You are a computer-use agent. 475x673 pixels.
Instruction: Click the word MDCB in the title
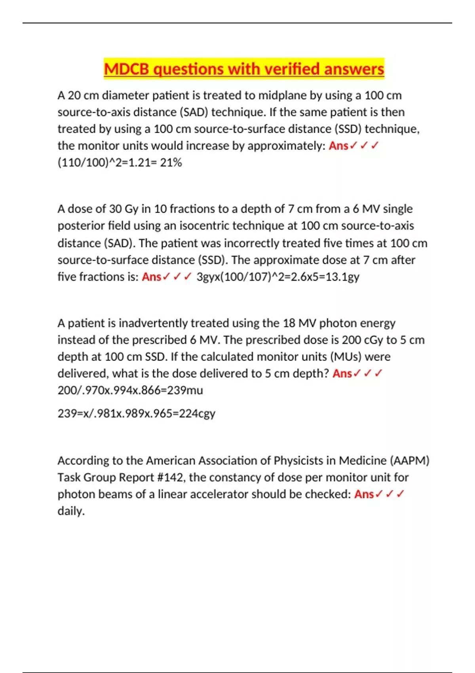[127, 69]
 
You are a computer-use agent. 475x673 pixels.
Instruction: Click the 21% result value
[171, 163]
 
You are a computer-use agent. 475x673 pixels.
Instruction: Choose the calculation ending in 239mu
[130, 390]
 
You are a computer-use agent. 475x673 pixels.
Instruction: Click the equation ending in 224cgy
[137, 413]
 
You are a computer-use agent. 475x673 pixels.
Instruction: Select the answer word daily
[71, 511]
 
